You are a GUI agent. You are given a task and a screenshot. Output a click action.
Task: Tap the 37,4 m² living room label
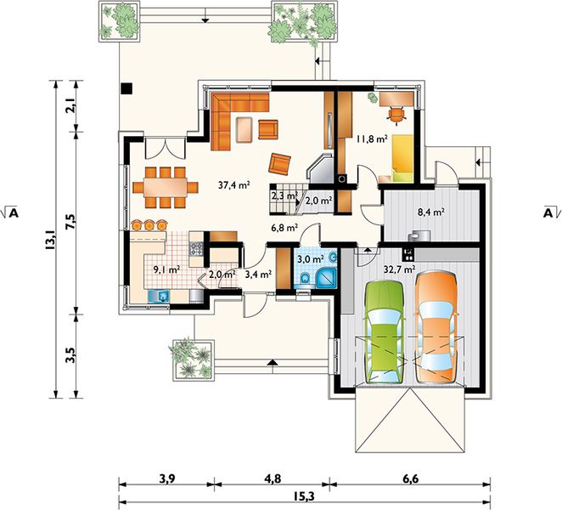click(234, 185)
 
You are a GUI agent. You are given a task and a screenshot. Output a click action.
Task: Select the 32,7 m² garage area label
click(399, 269)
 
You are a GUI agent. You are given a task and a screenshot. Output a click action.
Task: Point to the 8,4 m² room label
click(431, 212)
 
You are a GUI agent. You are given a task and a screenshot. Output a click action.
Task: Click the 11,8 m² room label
click(372, 139)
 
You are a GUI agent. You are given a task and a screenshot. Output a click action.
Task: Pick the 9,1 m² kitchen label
click(166, 269)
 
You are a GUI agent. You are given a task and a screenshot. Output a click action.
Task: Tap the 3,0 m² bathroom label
click(311, 258)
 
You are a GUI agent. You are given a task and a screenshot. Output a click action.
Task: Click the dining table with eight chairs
click(166, 187)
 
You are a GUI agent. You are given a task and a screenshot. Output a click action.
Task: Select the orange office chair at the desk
click(396, 115)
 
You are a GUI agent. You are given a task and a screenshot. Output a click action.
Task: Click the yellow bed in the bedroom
click(402, 158)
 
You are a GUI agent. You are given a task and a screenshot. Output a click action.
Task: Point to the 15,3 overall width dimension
click(304, 496)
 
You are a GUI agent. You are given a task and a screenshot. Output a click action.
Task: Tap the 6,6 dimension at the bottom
click(410, 479)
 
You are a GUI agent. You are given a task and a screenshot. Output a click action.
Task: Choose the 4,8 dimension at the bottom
click(273, 479)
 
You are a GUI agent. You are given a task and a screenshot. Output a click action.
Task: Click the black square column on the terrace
click(126, 88)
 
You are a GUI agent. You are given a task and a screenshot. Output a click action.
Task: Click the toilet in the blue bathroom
click(306, 279)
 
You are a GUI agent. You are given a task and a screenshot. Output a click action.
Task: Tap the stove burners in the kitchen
click(196, 249)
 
